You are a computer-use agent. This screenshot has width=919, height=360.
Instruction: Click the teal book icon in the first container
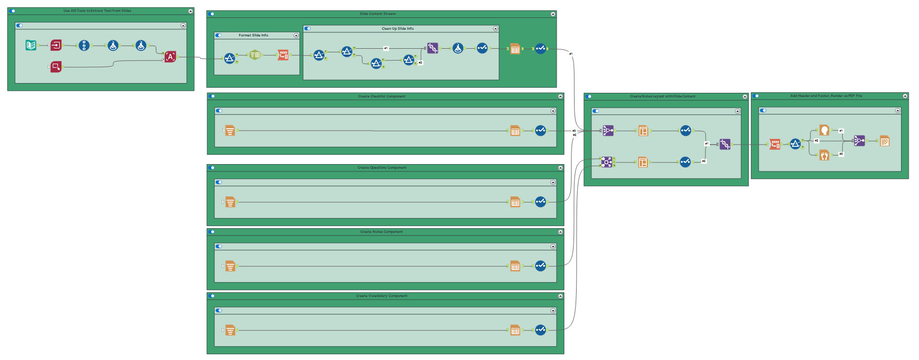pos(31,45)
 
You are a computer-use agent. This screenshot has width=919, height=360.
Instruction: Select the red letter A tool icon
pos(170,57)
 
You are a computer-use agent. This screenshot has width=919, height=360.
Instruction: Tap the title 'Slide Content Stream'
pos(378,14)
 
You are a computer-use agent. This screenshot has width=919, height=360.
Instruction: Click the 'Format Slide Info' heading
pos(253,35)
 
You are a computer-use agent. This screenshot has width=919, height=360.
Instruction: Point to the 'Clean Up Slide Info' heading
pos(398,29)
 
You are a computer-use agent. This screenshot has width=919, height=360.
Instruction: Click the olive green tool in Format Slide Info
pos(255,55)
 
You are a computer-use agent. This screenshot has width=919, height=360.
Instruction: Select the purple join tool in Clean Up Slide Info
pos(433,48)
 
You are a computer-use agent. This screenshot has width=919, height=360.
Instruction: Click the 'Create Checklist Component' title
pos(381,96)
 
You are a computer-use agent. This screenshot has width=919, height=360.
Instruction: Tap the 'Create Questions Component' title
pos(382,168)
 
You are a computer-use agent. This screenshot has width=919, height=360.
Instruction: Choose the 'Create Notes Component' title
pos(381,232)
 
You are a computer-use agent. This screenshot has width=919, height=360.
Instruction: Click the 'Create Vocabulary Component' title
pos(382,296)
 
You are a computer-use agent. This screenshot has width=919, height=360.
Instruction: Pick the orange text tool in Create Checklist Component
pos(230,131)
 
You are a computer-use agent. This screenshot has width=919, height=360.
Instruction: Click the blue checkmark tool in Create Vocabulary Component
pos(540,330)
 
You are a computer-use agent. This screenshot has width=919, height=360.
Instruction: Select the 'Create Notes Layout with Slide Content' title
pos(662,96)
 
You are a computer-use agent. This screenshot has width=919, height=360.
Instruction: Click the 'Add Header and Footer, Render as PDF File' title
pos(826,96)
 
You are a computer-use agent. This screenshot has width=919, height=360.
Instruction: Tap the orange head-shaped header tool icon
pos(824,130)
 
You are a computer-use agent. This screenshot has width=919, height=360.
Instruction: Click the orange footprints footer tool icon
pos(824,154)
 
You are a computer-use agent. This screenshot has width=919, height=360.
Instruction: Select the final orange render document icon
pos(884,141)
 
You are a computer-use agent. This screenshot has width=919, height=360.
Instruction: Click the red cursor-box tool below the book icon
pos(56,67)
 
